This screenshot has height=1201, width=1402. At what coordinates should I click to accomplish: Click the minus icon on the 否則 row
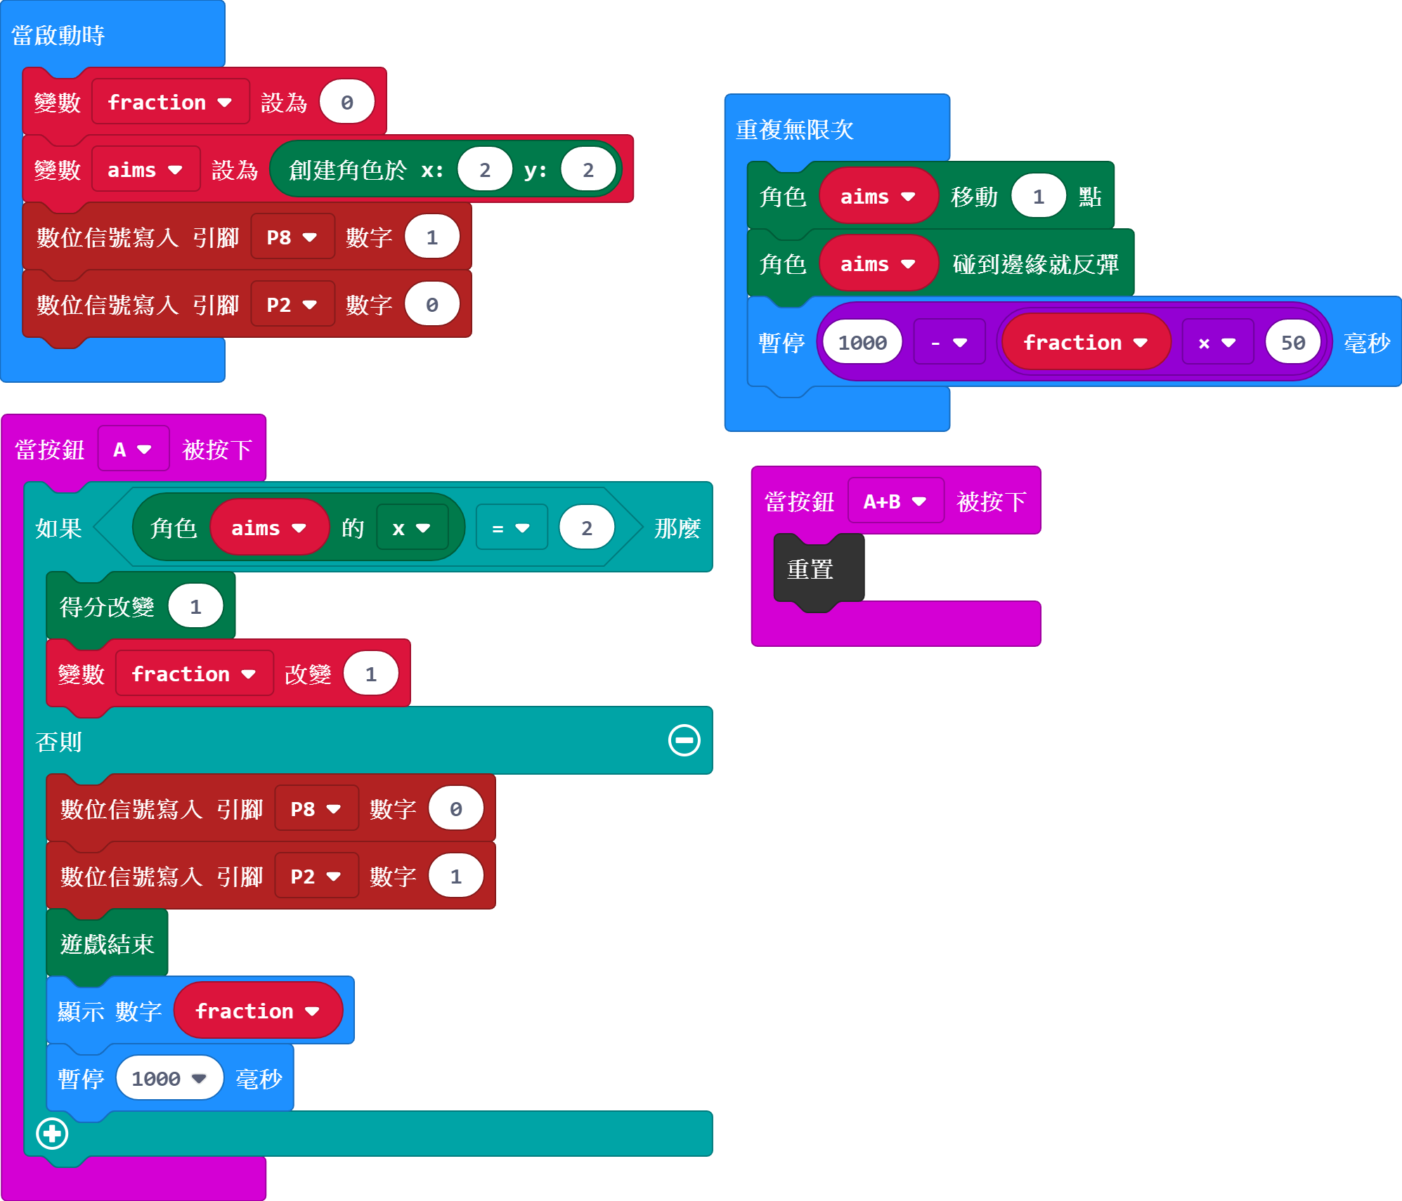684,740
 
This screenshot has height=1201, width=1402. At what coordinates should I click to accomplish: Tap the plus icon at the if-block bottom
52,1133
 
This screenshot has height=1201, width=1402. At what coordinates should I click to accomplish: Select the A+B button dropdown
895,501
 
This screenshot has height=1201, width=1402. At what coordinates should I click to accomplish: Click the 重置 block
811,569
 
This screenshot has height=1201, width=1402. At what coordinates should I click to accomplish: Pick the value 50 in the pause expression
1292,343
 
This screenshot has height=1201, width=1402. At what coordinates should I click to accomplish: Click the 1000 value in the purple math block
862,343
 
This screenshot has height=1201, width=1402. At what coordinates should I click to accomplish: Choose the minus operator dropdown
949,343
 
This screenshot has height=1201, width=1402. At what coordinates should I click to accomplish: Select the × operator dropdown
1217,343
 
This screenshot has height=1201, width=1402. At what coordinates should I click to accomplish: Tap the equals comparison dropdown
511,528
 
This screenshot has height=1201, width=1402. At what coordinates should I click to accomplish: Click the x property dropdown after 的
411,528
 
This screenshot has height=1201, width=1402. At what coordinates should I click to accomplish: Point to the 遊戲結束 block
107,944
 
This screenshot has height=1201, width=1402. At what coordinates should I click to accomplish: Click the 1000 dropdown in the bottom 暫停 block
169,1078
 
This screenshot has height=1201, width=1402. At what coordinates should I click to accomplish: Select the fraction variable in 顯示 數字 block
257,1011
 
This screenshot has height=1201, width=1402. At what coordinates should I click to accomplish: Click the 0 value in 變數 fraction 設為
346,103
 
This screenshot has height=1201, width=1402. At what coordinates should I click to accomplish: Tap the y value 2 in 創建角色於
588,170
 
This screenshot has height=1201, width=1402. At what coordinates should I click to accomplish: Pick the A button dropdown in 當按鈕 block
133,449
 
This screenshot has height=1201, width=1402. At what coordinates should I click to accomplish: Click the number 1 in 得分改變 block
195,607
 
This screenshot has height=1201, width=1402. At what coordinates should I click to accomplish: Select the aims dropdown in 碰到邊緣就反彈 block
878,264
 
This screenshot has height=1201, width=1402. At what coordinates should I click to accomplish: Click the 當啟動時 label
58,35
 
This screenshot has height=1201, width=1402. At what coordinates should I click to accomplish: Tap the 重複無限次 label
794,129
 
